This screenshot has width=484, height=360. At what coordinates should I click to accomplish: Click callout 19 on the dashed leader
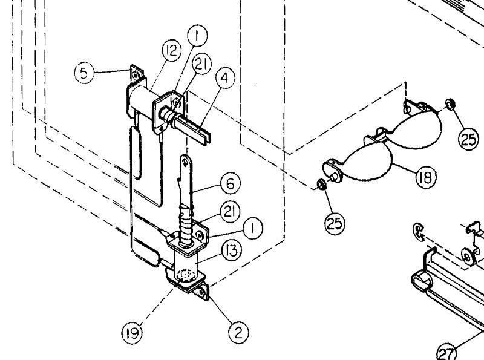click(x=134, y=332)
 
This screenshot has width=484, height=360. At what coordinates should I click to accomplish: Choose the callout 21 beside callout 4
click(x=201, y=64)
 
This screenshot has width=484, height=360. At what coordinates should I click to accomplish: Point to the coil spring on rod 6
click(x=186, y=232)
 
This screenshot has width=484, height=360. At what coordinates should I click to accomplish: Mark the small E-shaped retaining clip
click(x=417, y=231)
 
